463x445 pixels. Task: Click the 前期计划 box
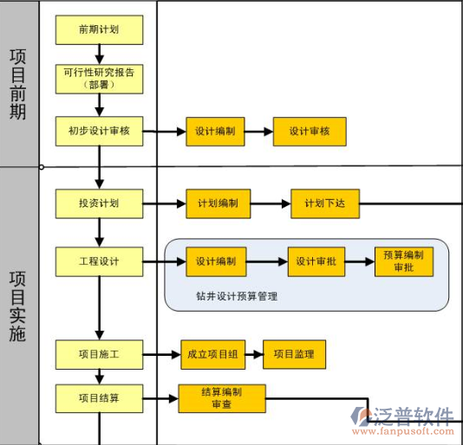(x=99, y=29)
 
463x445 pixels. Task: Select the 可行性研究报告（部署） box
(x=99, y=79)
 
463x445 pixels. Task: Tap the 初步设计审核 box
(x=99, y=131)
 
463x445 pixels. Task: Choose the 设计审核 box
(x=310, y=132)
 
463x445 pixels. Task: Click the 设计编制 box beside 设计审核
(x=215, y=132)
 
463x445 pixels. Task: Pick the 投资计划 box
(x=99, y=203)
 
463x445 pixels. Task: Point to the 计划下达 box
(x=325, y=203)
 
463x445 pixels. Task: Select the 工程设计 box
(x=99, y=261)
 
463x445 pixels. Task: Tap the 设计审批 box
(x=316, y=261)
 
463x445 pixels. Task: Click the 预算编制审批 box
(x=404, y=261)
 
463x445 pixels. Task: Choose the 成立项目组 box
(x=213, y=354)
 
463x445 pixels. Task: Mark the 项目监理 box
(x=294, y=354)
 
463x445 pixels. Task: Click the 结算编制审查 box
(x=222, y=398)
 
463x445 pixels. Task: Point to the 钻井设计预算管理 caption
(x=237, y=296)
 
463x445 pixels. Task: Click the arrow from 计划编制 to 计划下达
(x=271, y=203)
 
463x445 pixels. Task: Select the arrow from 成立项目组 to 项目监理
(x=254, y=354)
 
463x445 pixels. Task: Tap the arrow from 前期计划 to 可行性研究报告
(x=100, y=55)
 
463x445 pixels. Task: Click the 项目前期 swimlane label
(x=17, y=84)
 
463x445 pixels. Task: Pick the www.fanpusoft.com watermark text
(x=403, y=431)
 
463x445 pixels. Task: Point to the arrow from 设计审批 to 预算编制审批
(x=360, y=261)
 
